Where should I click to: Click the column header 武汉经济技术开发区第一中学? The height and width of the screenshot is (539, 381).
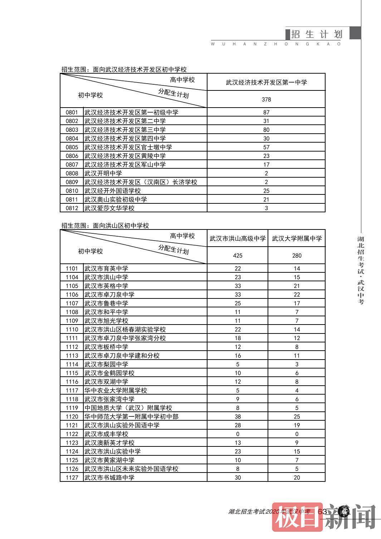tap(266, 82)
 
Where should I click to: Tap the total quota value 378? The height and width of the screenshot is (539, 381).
tap(266, 99)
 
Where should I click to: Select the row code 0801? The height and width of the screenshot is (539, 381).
tap(72, 112)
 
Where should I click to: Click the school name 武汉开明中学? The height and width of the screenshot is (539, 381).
tap(103, 173)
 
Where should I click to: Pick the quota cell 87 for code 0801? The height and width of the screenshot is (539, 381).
tap(266, 112)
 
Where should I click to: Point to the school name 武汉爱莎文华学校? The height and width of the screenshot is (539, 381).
tap(109, 208)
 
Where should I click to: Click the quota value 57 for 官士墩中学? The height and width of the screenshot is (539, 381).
tap(266, 147)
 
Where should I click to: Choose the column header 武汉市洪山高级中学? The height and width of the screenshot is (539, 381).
tap(238, 238)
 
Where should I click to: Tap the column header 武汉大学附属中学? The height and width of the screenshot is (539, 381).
tap(297, 238)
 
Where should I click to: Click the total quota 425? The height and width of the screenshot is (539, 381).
tap(238, 256)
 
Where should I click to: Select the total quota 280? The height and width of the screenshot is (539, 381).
tap(297, 256)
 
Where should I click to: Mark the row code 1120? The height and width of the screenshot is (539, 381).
tap(72, 416)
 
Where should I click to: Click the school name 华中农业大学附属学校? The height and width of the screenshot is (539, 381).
tap(116, 390)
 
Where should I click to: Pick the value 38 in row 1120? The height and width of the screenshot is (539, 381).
tap(238, 416)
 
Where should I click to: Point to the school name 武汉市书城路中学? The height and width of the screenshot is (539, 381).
tap(109, 478)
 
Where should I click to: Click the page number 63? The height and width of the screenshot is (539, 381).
tap(322, 511)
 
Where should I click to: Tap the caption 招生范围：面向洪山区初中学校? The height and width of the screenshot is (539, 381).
tap(105, 226)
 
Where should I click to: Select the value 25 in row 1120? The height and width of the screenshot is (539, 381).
tap(297, 416)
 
